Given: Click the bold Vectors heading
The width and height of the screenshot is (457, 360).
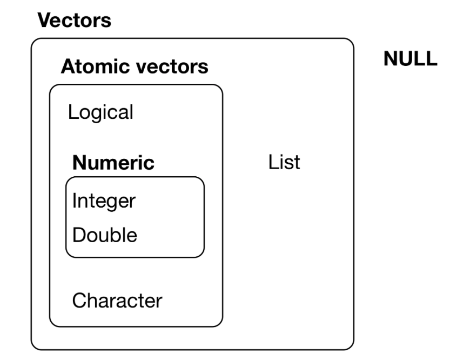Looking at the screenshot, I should click(73, 21).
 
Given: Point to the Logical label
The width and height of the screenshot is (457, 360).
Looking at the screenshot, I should click(100, 112).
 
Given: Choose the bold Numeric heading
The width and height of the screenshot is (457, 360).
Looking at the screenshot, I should click(113, 162).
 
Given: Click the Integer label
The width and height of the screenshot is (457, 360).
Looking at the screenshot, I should click(104, 201).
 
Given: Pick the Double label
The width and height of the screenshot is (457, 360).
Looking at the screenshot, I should click(105, 235).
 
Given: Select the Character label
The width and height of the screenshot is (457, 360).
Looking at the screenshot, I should click(117, 300).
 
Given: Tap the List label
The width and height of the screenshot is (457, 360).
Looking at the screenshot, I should click(284, 162).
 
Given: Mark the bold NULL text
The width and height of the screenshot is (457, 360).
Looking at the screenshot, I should click(410, 59).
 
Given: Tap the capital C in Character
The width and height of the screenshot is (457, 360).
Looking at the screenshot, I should click(78, 300).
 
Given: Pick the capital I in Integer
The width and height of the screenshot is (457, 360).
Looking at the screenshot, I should click(74, 201).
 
